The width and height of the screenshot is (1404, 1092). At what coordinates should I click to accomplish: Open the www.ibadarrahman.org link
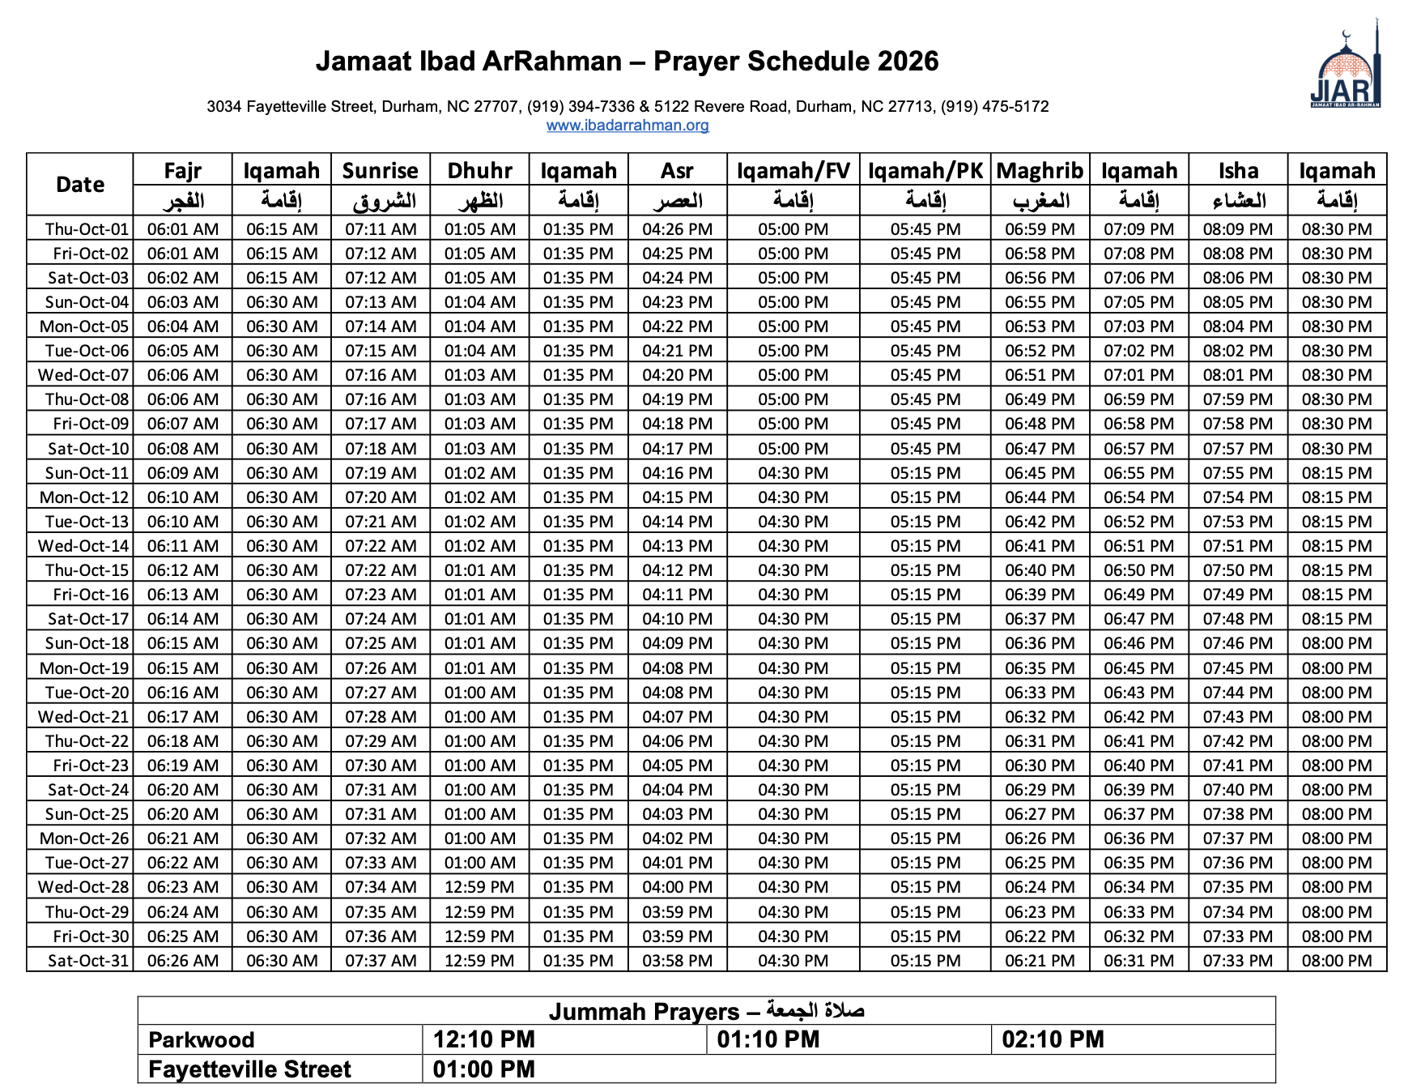(x=628, y=126)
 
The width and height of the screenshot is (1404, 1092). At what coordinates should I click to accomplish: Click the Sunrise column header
(x=380, y=171)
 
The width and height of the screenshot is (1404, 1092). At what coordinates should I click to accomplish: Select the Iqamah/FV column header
(x=793, y=171)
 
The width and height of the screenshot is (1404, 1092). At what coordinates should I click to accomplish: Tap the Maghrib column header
(x=1040, y=171)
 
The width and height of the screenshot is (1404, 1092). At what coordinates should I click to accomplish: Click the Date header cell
(x=80, y=185)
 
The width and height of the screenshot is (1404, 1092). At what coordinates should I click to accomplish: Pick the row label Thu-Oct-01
(x=87, y=229)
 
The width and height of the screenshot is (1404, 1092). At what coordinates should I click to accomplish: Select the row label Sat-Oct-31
(x=88, y=961)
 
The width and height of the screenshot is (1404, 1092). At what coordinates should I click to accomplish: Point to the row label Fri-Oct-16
(x=91, y=595)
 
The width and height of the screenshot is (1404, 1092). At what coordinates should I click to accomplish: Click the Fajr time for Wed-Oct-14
(x=183, y=546)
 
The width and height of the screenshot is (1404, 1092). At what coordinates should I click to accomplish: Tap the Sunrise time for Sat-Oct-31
(x=381, y=961)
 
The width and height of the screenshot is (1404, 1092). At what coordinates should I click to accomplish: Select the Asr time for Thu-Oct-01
(x=677, y=229)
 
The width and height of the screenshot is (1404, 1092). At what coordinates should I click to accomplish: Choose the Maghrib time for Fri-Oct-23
(x=1040, y=766)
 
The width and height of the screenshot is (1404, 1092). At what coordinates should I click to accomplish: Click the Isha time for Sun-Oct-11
(x=1237, y=473)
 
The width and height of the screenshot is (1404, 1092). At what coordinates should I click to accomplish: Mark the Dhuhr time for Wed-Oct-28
(x=479, y=887)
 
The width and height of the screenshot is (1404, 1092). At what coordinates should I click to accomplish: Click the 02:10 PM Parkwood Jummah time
(x=1053, y=1039)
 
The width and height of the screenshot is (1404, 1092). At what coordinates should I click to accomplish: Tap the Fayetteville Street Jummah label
(x=249, y=1069)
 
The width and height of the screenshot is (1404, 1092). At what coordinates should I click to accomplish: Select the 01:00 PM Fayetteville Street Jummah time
(x=483, y=1069)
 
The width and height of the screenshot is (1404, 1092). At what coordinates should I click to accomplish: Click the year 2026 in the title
(x=908, y=62)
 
